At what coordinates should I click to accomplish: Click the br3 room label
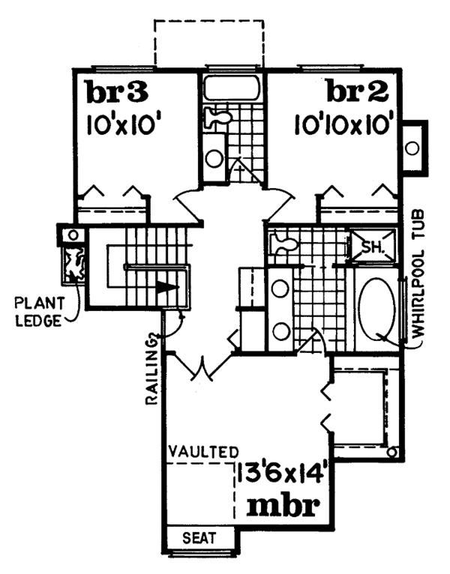[116, 92]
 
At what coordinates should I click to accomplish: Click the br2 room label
[357, 92]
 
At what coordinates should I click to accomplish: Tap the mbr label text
[283, 507]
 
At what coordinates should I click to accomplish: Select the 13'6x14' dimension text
[280, 475]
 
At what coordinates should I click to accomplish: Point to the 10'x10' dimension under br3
[124, 125]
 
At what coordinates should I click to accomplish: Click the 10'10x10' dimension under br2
[341, 125]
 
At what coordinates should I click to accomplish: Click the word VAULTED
[203, 452]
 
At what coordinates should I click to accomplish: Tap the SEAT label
[199, 538]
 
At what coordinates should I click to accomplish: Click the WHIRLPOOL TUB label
[418, 274]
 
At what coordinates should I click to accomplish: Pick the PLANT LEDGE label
[39, 312]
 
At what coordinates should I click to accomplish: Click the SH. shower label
[373, 247]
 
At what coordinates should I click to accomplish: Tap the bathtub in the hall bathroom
[232, 88]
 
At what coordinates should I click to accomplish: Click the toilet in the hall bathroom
[217, 117]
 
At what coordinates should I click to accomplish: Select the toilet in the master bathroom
[283, 244]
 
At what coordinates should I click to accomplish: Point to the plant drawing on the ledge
[74, 265]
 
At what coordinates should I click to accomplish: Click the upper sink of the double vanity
[280, 288]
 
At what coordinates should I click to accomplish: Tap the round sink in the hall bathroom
[214, 158]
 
